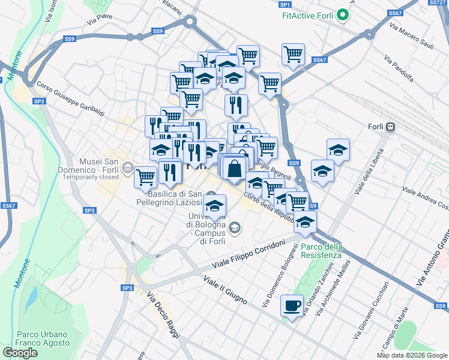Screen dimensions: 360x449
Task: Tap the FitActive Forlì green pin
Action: coord(343,14)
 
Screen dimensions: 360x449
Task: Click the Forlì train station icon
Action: coord(391,127)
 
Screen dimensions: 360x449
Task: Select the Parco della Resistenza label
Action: coord(321,251)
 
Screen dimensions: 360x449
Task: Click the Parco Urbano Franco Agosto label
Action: coord(41,338)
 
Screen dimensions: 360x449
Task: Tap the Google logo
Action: coord(20,353)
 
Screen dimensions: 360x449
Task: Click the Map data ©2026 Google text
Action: coord(412,355)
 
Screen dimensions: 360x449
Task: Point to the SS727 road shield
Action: coord(438,3)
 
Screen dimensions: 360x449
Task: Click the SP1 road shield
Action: coord(285,5)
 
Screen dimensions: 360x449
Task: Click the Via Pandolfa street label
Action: coord(399,69)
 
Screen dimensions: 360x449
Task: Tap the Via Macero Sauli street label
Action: coord(411,36)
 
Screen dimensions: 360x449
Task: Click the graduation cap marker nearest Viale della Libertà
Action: coord(338,151)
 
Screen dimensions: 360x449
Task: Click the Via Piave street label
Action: coord(100,19)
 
